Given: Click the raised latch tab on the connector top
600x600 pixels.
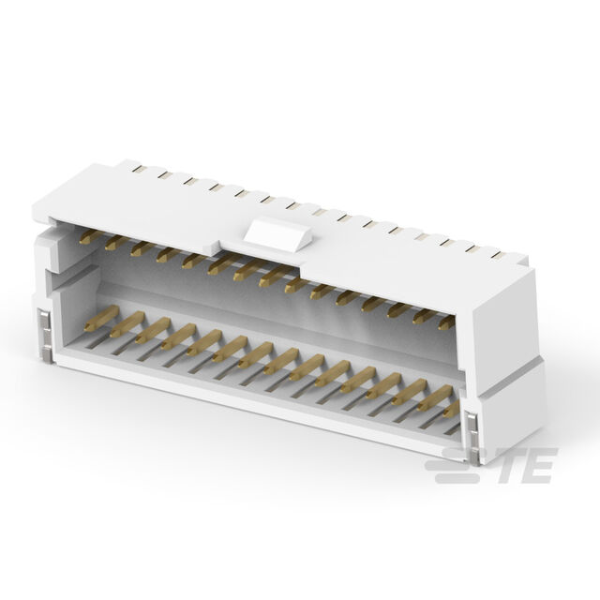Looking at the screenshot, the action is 277,233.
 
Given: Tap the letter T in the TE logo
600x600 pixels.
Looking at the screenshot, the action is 512,465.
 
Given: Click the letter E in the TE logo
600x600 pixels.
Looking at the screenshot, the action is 540,465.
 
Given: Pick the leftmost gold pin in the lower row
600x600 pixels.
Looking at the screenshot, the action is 101,318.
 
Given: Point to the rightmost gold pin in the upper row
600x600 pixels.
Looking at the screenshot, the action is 446,323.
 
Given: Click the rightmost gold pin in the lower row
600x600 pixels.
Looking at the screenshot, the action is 452,410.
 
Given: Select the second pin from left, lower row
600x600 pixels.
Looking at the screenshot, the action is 127,323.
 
